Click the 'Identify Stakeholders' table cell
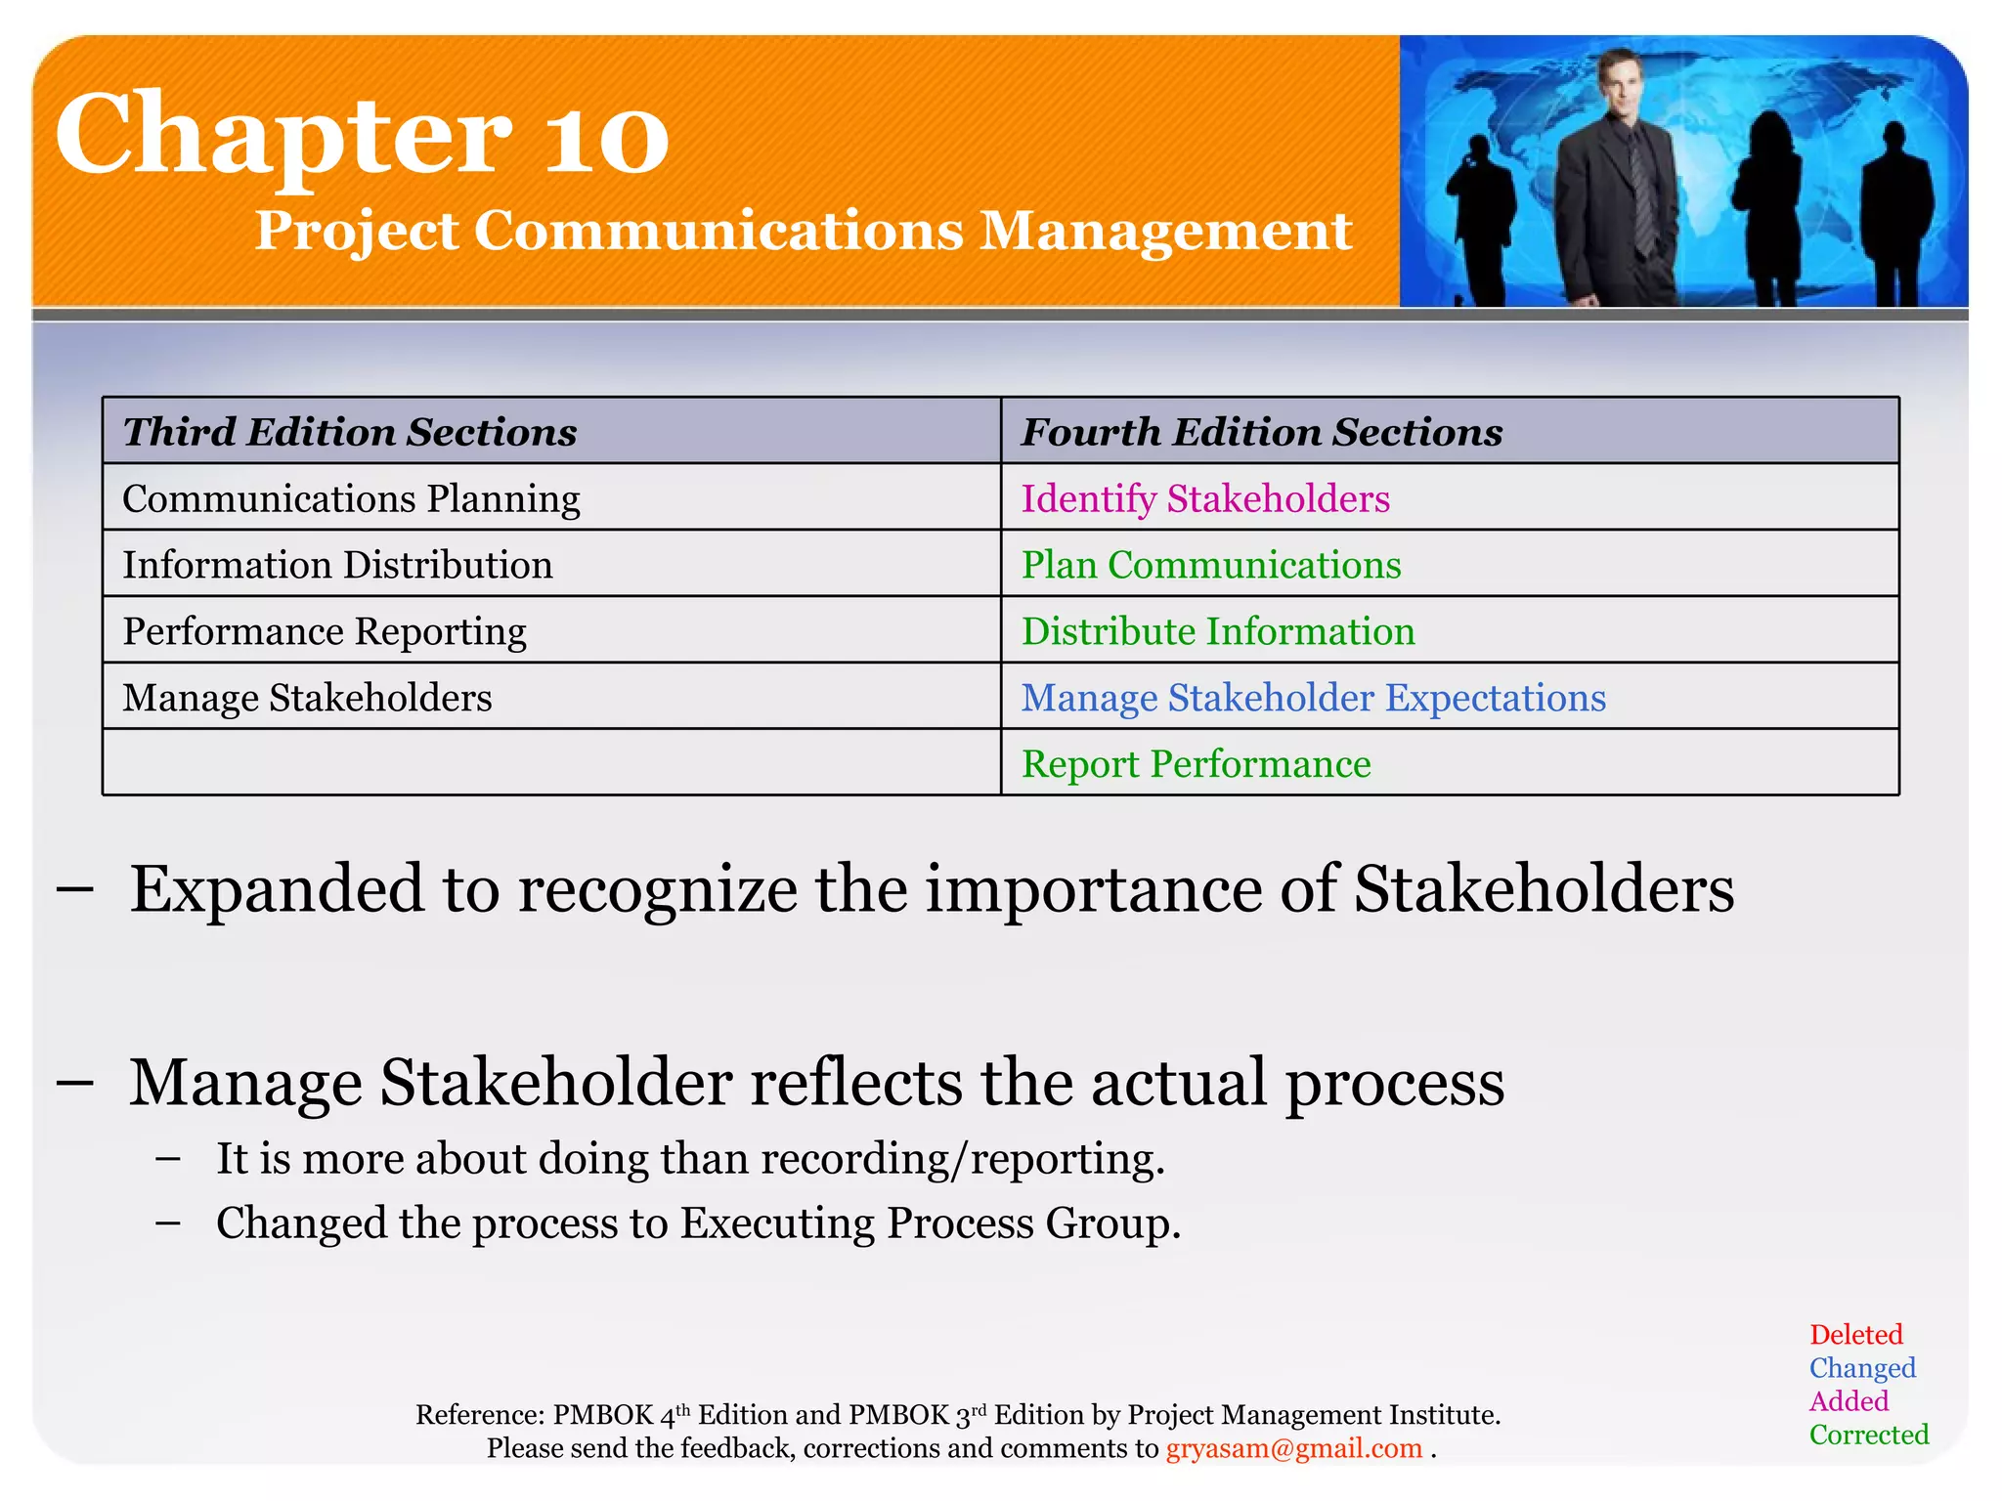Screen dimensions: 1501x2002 (x=1204, y=498)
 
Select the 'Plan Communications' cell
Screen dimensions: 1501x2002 (x=1210, y=565)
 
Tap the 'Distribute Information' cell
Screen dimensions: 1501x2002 (x=1217, y=631)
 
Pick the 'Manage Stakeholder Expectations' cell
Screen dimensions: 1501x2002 (x=1313, y=698)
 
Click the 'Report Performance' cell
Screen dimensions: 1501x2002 (x=1196, y=764)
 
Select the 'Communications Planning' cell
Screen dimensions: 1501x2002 (x=351, y=498)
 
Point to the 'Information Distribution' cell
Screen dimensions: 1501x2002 (x=337, y=565)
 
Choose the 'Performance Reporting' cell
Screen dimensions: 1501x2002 (x=324, y=631)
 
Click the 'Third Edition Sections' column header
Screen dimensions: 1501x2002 (x=350, y=432)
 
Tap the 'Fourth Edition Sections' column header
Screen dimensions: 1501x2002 (x=1261, y=432)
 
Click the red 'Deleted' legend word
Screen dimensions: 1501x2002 (x=1855, y=1335)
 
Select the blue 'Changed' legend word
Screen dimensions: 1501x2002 (x=1861, y=1368)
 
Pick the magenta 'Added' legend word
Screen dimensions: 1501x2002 (x=1848, y=1401)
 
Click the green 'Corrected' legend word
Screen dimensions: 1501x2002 (x=1868, y=1435)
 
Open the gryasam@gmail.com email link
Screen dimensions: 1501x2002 (x=1293, y=1448)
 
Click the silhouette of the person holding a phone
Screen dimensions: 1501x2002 (x=1479, y=215)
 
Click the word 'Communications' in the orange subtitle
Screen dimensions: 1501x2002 (x=718, y=232)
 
